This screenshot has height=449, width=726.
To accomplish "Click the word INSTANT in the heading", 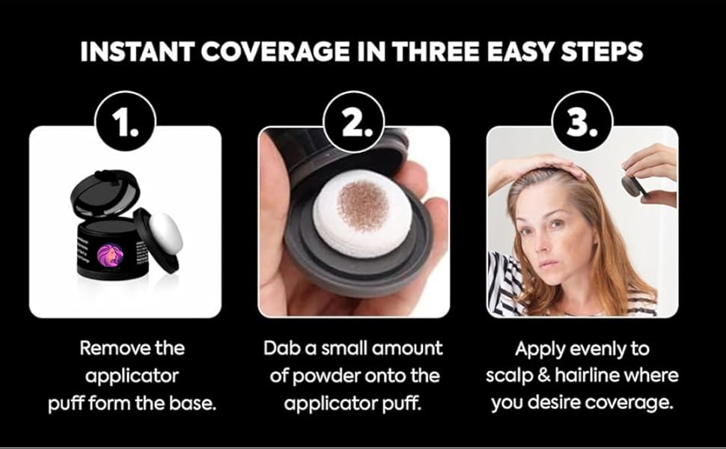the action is coord(138,52).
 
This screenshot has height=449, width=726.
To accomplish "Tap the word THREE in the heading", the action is coord(436,52).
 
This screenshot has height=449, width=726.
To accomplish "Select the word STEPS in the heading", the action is coord(602,52).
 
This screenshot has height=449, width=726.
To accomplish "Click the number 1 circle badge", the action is coord(125,121).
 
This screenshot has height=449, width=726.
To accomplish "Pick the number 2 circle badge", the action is coord(354,121).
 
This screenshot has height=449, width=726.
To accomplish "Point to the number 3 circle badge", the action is coord(582,121).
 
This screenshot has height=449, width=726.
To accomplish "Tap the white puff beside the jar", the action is coord(165,233).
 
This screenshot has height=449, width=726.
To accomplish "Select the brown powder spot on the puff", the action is coord(362,206).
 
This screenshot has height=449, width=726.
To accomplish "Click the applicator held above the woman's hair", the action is coord(635,184).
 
